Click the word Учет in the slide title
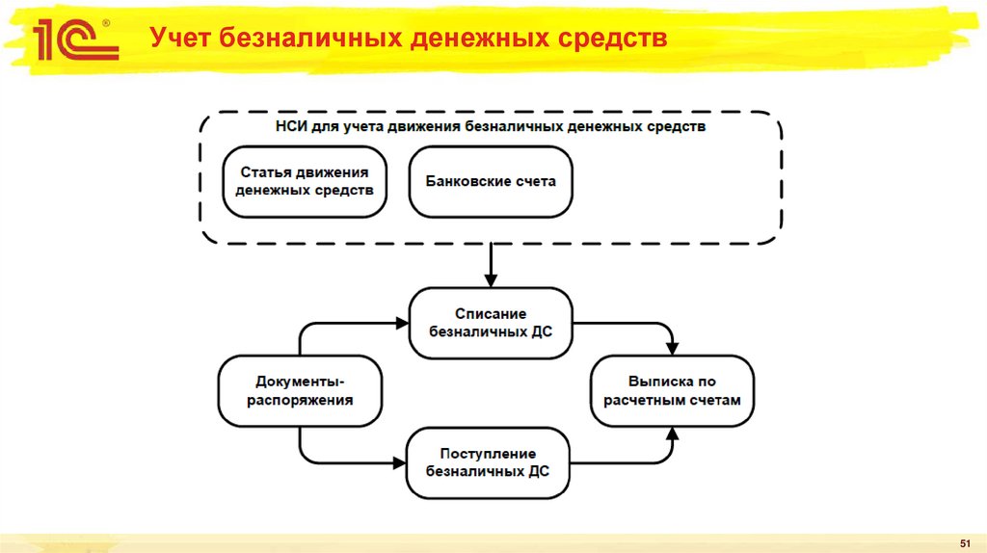pos(180,39)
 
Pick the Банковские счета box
pos(490,181)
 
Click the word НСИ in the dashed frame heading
pos(293,126)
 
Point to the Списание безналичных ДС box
pos(490,323)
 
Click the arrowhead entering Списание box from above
pos(491,280)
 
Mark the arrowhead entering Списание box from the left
pos(402,323)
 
